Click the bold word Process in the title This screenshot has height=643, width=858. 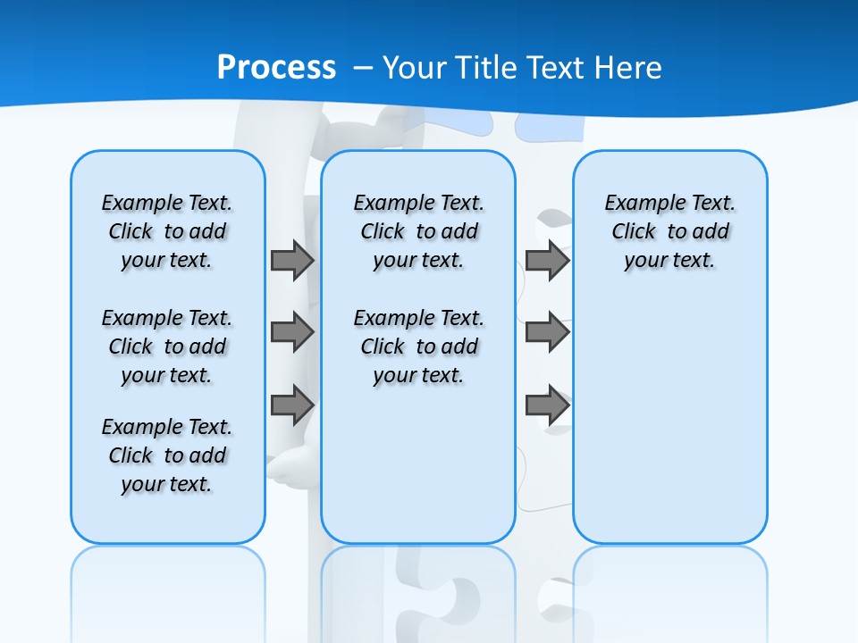(x=276, y=67)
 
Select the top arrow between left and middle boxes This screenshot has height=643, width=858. (x=292, y=260)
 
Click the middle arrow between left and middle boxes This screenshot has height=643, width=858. (x=292, y=332)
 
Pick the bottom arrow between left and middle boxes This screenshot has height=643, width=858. (x=292, y=405)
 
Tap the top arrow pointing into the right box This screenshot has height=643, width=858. (x=547, y=260)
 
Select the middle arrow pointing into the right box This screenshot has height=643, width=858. (x=547, y=332)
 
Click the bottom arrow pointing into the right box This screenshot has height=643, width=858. (x=547, y=405)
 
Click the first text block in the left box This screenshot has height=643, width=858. (x=166, y=231)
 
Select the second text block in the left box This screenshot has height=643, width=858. (x=166, y=347)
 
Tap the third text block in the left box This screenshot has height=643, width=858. (x=166, y=455)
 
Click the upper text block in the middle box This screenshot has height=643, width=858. (x=418, y=231)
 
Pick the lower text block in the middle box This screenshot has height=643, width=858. (x=418, y=347)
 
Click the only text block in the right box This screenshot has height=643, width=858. (x=669, y=231)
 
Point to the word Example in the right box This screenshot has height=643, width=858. (x=638, y=204)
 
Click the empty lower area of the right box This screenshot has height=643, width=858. (x=669, y=429)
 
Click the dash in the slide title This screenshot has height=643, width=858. (x=363, y=68)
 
